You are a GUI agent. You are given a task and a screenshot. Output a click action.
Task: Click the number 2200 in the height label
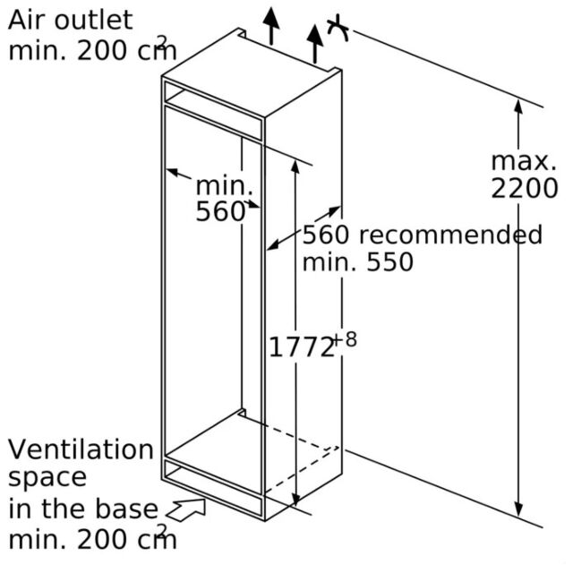coord(525,188)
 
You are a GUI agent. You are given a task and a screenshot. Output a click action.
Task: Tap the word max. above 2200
coord(524,161)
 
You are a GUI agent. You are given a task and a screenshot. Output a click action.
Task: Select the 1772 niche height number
coord(302,347)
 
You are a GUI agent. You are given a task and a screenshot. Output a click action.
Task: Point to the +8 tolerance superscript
coord(346,339)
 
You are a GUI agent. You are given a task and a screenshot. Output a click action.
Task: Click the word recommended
coord(451,235)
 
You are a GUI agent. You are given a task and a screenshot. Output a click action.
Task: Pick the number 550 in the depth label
coord(390,261)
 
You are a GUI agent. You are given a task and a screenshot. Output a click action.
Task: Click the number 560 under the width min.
coord(220,211)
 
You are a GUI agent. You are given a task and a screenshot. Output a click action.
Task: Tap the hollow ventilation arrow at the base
coord(186,509)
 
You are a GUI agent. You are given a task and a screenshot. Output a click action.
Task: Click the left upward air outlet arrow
coord(271,26)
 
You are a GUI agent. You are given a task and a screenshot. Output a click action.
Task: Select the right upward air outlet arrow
coord(314,44)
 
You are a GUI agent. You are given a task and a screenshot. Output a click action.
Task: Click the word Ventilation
coord(81,449)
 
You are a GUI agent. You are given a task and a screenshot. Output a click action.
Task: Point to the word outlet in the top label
coord(93,20)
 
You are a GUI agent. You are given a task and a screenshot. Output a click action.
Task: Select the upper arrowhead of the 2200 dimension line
coord(517,106)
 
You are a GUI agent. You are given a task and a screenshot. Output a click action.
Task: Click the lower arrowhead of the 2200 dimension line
coord(517,509)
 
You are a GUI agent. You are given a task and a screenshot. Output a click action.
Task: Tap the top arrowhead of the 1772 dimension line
coord(295,167)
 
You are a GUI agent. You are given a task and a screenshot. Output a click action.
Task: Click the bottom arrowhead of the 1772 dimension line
coord(295,499)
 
